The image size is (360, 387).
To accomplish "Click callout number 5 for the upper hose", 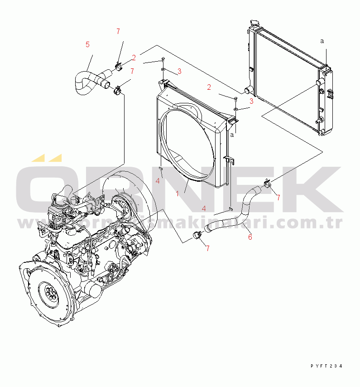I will click(x=87, y=44).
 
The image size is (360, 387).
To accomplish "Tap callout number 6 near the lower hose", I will click(x=250, y=237).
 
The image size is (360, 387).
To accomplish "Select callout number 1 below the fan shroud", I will click(x=178, y=193).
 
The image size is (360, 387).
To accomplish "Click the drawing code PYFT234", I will click(x=326, y=366).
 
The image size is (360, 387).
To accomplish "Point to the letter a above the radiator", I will click(x=322, y=41).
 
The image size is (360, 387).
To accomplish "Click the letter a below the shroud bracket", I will click(x=232, y=135).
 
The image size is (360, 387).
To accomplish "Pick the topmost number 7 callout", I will click(x=118, y=31).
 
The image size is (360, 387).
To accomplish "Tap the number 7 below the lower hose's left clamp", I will click(x=207, y=248).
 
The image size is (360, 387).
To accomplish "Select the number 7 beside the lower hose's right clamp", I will click(x=278, y=197).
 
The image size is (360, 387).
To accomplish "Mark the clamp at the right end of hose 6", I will click(x=267, y=183).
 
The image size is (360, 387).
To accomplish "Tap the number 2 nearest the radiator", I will click(x=209, y=87).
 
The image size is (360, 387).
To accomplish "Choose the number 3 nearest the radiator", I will click(x=251, y=101).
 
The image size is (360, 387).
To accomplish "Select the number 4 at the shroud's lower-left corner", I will click(x=158, y=181).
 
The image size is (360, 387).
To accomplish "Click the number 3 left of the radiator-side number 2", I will click(x=179, y=71).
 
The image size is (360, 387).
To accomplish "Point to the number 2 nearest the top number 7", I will click(x=134, y=58).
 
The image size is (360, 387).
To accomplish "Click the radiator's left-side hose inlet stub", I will click(x=249, y=89).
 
